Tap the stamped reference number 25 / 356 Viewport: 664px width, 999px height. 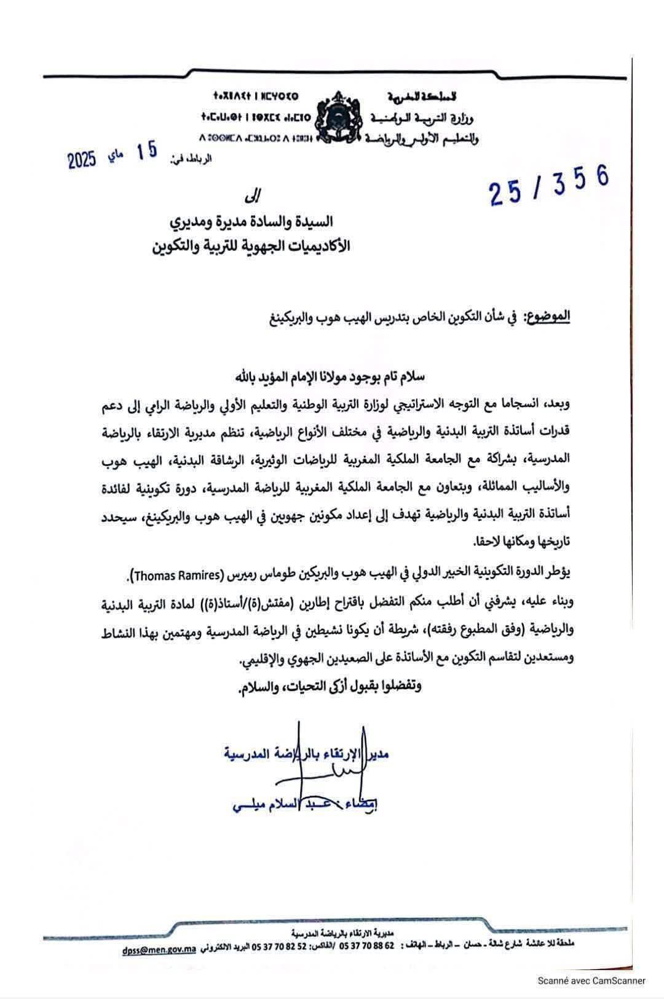click(548, 184)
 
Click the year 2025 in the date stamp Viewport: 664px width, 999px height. click(82, 160)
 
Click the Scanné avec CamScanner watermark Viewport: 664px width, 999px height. click(592, 981)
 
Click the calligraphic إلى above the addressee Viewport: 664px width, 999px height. click(253, 195)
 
